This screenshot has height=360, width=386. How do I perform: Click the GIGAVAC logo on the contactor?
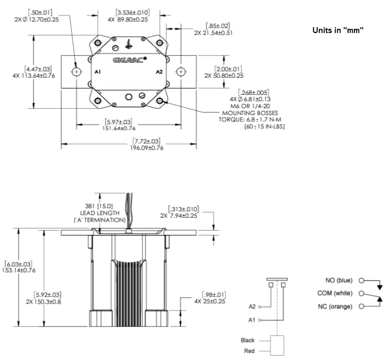[128, 60]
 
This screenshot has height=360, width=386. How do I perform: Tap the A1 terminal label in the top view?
[97, 71]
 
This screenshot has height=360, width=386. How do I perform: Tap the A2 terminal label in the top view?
[158, 71]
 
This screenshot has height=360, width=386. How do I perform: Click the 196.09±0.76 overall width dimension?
[147, 148]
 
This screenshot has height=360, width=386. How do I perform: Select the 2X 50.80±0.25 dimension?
[223, 75]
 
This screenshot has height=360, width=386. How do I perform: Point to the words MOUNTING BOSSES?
[245, 112]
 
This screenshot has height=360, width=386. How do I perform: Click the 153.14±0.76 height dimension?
[18, 270]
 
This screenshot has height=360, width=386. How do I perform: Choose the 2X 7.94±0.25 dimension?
[186, 215]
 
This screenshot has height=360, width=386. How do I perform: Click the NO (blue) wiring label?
[339, 280]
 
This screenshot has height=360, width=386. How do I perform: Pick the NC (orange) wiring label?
[335, 306]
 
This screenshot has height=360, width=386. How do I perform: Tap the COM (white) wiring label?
[335, 293]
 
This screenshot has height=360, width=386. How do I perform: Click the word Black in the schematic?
[247, 340]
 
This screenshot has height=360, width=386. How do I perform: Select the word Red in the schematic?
[250, 351]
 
